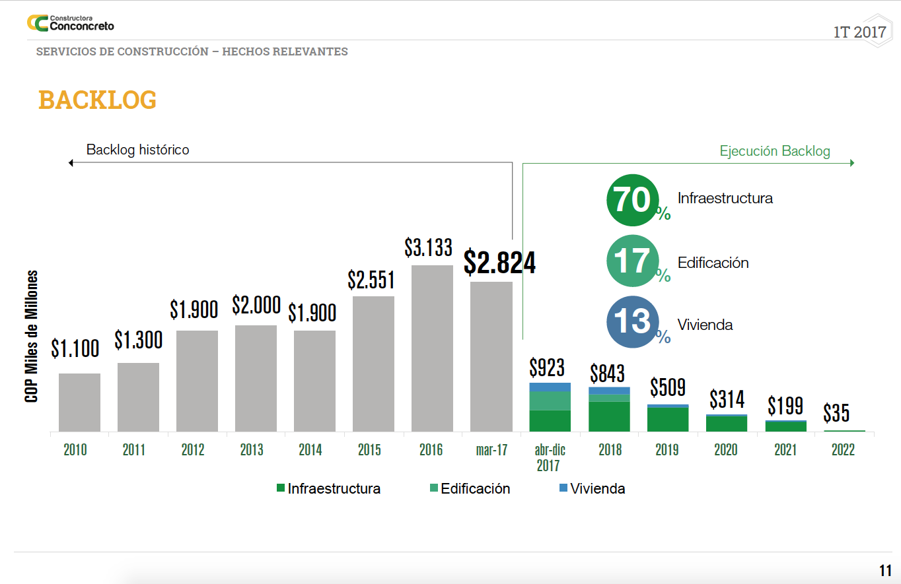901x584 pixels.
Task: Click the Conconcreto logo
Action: pos(70,23)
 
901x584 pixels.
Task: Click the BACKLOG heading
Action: pos(98,100)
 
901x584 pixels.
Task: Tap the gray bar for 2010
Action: pos(79,403)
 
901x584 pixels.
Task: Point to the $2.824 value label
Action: pos(499,262)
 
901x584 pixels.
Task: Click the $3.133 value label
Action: pos(428,247)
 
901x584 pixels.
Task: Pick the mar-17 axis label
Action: pos(491,450)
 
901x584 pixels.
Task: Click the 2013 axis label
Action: pos(252,450)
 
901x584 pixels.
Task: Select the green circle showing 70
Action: pos(633,200)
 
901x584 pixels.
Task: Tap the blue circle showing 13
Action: pos(633,323)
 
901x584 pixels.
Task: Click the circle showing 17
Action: pos(633,261)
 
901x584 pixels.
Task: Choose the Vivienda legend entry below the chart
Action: pos(591,489)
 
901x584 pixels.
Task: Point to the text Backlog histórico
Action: pos(137,150)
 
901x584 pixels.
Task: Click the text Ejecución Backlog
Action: pos(775,151)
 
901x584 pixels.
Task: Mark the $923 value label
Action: pos(547,367)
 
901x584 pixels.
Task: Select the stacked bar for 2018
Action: pos(609,409)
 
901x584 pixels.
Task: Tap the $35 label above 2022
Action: pos(836,414)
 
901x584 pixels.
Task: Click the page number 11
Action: pos(885,571)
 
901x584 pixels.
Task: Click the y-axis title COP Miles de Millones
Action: pos(31,337)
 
